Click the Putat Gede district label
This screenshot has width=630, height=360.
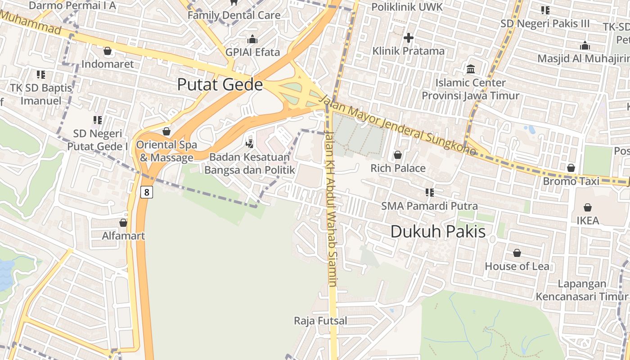(220, 85)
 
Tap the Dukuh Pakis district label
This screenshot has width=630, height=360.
(438, 232)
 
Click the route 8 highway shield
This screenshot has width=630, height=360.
(146, 192)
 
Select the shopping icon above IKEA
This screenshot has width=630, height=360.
(587, 207)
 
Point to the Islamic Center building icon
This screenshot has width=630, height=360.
(471, 69)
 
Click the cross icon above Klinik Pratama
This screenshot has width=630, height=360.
(408, 38)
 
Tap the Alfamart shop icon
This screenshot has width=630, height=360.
(123, 223)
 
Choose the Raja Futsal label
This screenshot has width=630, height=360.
(320, 321)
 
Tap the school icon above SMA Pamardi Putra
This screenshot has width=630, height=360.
(429, 193)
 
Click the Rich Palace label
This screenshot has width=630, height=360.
(398, 168)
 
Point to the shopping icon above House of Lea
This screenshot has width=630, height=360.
(517, 253)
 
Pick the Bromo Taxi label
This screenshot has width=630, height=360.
(571, 181)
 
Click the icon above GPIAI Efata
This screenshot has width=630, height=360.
(252, 39)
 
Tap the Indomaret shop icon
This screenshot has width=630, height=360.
(107, 51)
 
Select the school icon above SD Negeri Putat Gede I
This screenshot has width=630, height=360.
(98, 120)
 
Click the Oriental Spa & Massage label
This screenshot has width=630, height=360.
(166, 151)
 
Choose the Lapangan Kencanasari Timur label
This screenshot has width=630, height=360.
(582, 290)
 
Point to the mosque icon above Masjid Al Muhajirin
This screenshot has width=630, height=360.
(585, 45)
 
